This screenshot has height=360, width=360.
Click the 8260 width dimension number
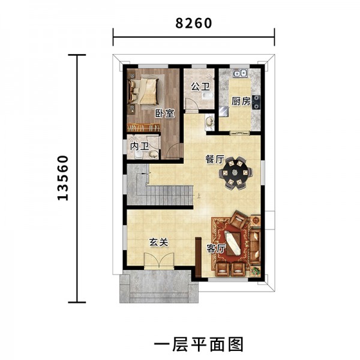pyautogui.click(x=194, y=23)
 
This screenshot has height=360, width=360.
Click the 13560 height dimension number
pyautogui.click(x=62, y=178)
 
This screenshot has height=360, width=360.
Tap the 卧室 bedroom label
pyautogui.click(x=164, y=113)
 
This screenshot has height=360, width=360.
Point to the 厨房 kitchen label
pyautogui.click(x=241, y=101)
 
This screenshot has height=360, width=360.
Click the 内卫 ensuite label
pyautogui.click(x=140, y=146)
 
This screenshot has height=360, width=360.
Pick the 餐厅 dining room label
pyautogui.click(x=215, y=160)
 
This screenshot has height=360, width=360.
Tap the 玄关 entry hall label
pyautogui.click(x=159, y=242)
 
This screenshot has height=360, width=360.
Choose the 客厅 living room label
pyautogui.click(x=216, y=248)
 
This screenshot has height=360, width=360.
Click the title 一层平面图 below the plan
pyautogui.click(x=199, y=344)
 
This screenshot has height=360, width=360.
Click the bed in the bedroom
pyautogui.click(x=144, y=91)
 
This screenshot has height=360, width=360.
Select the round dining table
pyautogui.click(x=235, y=173)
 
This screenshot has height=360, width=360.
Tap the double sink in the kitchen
pyautogui.click(x=240, y=73)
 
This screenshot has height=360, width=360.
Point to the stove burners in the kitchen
pyautogui.click(x=256, y=102)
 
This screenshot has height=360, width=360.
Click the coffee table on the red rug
pyautogui.click(x=233, y=244)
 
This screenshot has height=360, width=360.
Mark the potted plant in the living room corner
pyautogui.click(x=256, y=271)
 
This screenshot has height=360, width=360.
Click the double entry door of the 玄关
pyautogui.click(x=159, y=260)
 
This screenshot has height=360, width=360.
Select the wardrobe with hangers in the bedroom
pyautogui.click(x=143, y=127)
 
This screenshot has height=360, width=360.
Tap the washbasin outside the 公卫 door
pyautogui.click(x=209, y=122)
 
